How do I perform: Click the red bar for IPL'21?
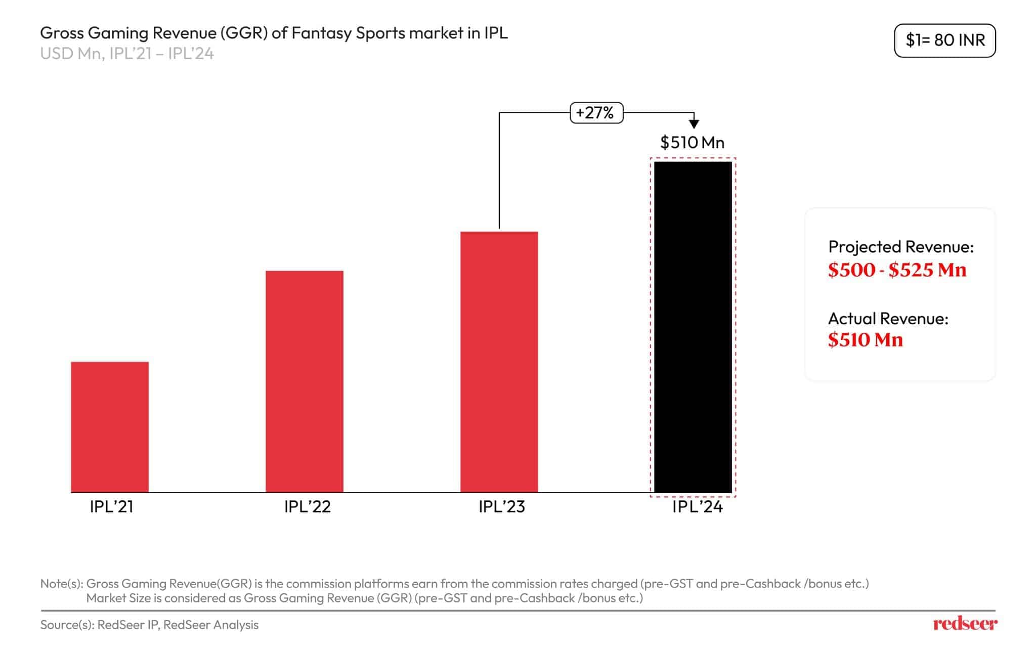coord(110,427)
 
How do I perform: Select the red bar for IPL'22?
coord(305,381)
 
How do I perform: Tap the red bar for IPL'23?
coord(499,362)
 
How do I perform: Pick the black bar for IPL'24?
coord(693,327)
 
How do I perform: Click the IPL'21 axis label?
coord(111,506)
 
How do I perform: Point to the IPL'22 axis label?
coord(307,506)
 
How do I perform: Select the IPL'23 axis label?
coord(502,506)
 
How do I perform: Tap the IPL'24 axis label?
coord(697,506)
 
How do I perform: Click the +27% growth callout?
coord(596,112)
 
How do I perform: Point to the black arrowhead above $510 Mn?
coord(694,123)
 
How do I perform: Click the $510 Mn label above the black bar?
coord(692,143)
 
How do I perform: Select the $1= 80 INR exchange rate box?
coord(944,40)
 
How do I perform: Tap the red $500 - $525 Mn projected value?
coord(897,270)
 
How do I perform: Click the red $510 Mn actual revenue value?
coord(865,340)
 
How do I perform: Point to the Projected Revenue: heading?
coord(900,247)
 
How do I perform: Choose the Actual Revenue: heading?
coord(888,319)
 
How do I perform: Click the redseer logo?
coord(965,624)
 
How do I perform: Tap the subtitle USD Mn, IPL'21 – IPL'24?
coord(127,54)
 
